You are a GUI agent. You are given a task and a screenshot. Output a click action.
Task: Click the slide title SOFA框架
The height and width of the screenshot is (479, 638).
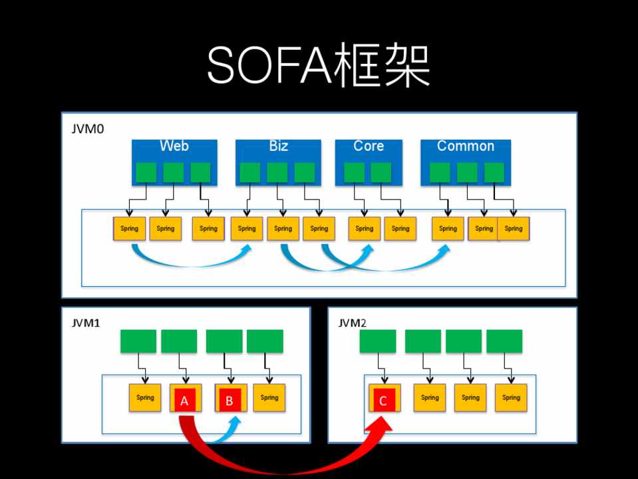[x=319, y=67]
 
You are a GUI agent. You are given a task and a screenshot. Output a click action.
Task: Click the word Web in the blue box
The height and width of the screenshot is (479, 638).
[x=174, y=146]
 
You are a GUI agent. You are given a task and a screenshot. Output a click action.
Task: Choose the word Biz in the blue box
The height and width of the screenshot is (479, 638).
[x=278, y=146]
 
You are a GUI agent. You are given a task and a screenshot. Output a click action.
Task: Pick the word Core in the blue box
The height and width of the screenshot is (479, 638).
[x=369, y=146]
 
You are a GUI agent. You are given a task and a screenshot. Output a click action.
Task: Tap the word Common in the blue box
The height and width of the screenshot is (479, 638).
[x=466, y=146]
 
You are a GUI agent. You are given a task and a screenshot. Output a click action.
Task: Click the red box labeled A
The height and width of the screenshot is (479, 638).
[x=185, y=401]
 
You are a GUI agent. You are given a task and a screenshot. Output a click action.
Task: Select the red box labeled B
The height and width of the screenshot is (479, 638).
[x=230, y=401]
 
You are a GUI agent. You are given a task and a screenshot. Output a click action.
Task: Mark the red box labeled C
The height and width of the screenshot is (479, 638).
[x=383, y=401]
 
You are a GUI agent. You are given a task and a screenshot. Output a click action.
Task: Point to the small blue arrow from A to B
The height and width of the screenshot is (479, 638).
[x=226, y=432]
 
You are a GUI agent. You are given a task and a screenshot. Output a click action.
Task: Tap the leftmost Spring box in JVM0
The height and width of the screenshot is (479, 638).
[x=129, y=228]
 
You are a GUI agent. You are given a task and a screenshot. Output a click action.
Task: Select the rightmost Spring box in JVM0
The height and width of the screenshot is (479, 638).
[x=514, y=228]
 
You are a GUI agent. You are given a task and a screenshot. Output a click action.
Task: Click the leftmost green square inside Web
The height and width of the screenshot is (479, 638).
[x=146, y=172]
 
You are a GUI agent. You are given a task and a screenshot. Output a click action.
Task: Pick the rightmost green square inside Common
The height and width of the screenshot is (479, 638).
[x=494, y=172]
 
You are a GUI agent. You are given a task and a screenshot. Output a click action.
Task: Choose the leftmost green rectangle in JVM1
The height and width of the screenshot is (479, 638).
[x=138, y=341]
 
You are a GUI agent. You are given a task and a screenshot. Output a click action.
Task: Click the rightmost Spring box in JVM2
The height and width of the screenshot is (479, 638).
[x=511, y=398]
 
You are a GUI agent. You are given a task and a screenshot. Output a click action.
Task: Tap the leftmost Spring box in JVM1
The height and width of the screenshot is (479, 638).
[x=145, y=398]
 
